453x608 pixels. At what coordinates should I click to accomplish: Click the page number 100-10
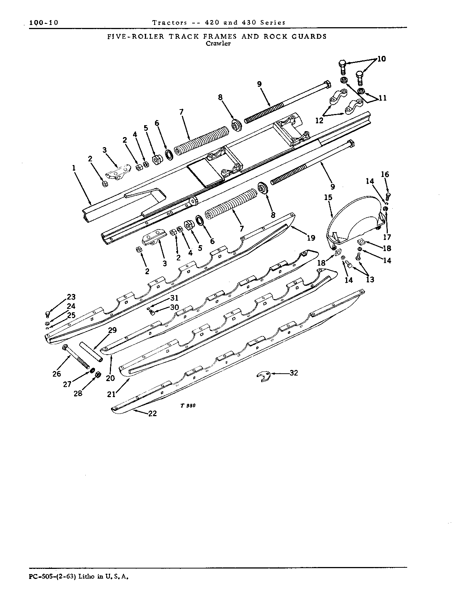pyautogui.click(x=44, y=22)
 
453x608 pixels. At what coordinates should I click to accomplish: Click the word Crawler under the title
pyautogui.click(x=218, y=43)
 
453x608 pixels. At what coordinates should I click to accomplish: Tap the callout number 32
pyautogui.click(x=294, y=373)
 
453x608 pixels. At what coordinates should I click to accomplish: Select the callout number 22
pyautogui.click(x=152, y=414)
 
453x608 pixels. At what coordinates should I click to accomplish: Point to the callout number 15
pyautogui.click(x=328, y=197)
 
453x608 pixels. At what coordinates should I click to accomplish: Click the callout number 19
pyautogui.click(x=311, y=238)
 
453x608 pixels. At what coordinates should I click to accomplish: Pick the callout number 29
pyautogui.click(x=113, y=330)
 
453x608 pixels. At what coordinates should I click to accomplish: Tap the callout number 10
pyautogui.click(x=381, y=58)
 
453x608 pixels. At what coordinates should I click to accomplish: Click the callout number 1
pyautogui.click(x=74, y=168)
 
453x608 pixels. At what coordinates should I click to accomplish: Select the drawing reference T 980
pyautogui.click(x=188, y=406)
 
